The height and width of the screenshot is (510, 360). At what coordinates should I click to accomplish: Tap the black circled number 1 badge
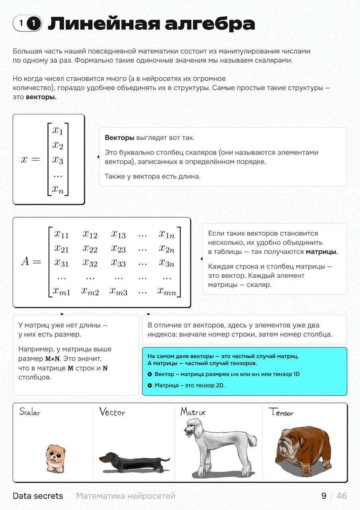tap(34, 24)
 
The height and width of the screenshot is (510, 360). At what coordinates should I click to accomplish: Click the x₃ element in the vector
tap(58, 160)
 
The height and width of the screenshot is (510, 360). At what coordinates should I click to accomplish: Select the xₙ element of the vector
tap(58, 190)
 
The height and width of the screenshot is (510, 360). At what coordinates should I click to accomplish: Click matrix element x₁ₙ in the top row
tap(166, 234)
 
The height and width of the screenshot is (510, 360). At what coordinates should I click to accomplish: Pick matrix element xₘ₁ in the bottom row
tap(62, 291)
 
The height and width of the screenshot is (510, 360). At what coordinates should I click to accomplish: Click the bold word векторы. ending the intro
tap(41, 97)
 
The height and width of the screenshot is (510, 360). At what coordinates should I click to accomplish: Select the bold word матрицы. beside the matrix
tap(322, 252)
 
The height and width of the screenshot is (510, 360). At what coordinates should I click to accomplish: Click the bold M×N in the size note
tap(53, 359)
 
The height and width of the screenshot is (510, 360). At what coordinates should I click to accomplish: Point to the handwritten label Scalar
tap(30, 412)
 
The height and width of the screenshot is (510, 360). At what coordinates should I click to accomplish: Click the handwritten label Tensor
tap(281, 412)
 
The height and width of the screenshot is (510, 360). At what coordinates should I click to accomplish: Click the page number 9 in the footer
tap(324, 496)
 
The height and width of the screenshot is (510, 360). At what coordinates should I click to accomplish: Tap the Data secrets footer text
tap(38, 496)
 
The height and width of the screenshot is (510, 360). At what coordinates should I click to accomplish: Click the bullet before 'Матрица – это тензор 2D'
tap(150, 385)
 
